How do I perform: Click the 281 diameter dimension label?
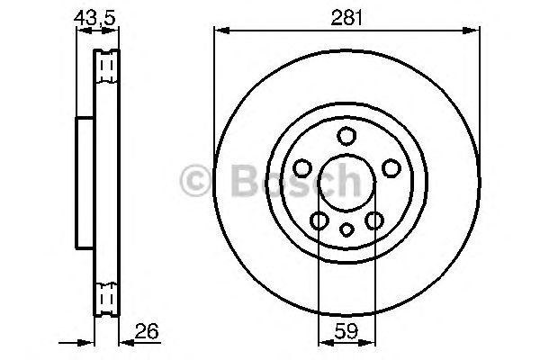(346, 15)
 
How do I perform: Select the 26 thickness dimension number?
(148, 332)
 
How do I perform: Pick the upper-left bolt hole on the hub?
(302, 168)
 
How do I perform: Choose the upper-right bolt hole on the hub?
(391, 168)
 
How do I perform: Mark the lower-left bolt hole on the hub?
(319, 220)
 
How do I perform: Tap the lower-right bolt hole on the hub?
(374, 220)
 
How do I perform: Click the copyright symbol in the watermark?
(196, 182)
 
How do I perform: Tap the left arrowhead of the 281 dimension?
(220, 31)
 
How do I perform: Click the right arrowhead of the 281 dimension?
(473, 31)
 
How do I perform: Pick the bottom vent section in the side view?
(106, 296)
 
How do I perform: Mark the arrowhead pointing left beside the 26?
(125, 341)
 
